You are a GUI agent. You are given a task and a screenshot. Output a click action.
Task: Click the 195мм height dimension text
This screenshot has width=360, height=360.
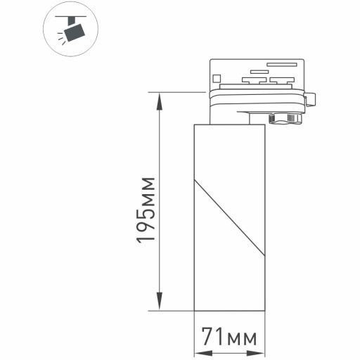tap(146, 210)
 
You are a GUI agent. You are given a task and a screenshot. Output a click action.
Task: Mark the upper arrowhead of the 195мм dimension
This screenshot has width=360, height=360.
tap(161, 98)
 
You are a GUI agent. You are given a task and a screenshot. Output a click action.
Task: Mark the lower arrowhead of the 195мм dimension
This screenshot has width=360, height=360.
tap(161, 302)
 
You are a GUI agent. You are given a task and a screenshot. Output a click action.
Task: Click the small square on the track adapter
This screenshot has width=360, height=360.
tap(218, 73)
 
